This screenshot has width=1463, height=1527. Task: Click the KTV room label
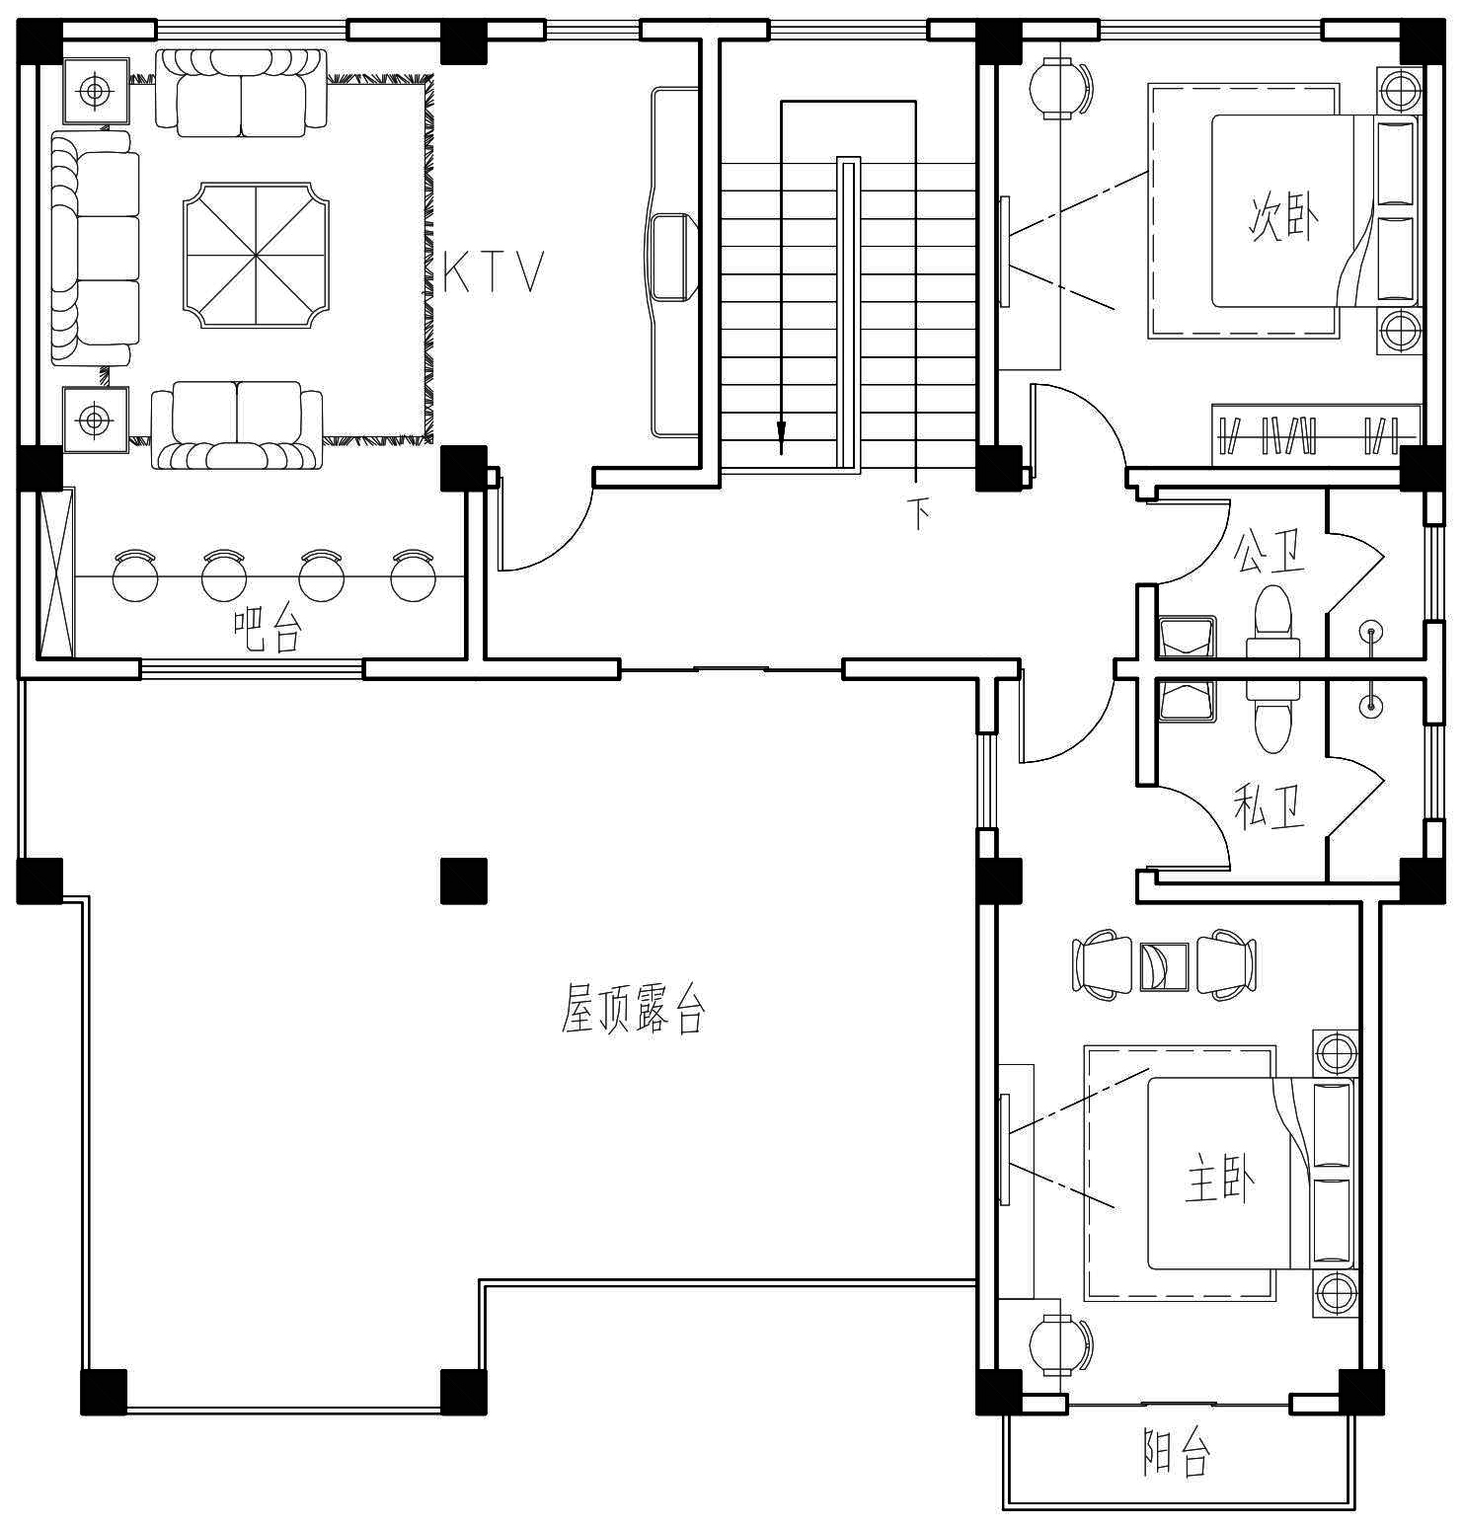pyautogui.click(x=494, y=271)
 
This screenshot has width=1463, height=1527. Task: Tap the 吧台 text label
pyautogui.click(x=267, y=629)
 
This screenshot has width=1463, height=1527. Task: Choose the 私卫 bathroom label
pyautogui.click(x=1270, y=805)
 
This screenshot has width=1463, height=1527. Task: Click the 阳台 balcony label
pyautogui.click(x=1176, y=1452)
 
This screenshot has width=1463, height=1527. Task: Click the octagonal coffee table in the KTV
pyautogui.click(x=256, y=255)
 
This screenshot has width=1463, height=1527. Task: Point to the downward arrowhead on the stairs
pyautogui.click(x=781, y=431)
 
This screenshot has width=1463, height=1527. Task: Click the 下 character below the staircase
pyautogui.click(x=919, y=513)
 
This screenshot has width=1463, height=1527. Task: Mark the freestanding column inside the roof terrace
pyautogui.click(x=463, y=880)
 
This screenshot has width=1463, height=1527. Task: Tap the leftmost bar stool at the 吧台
pyautogui.click(x=135, y=575)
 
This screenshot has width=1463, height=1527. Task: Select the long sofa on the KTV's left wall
pyautogui.click(x=94, y=249)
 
